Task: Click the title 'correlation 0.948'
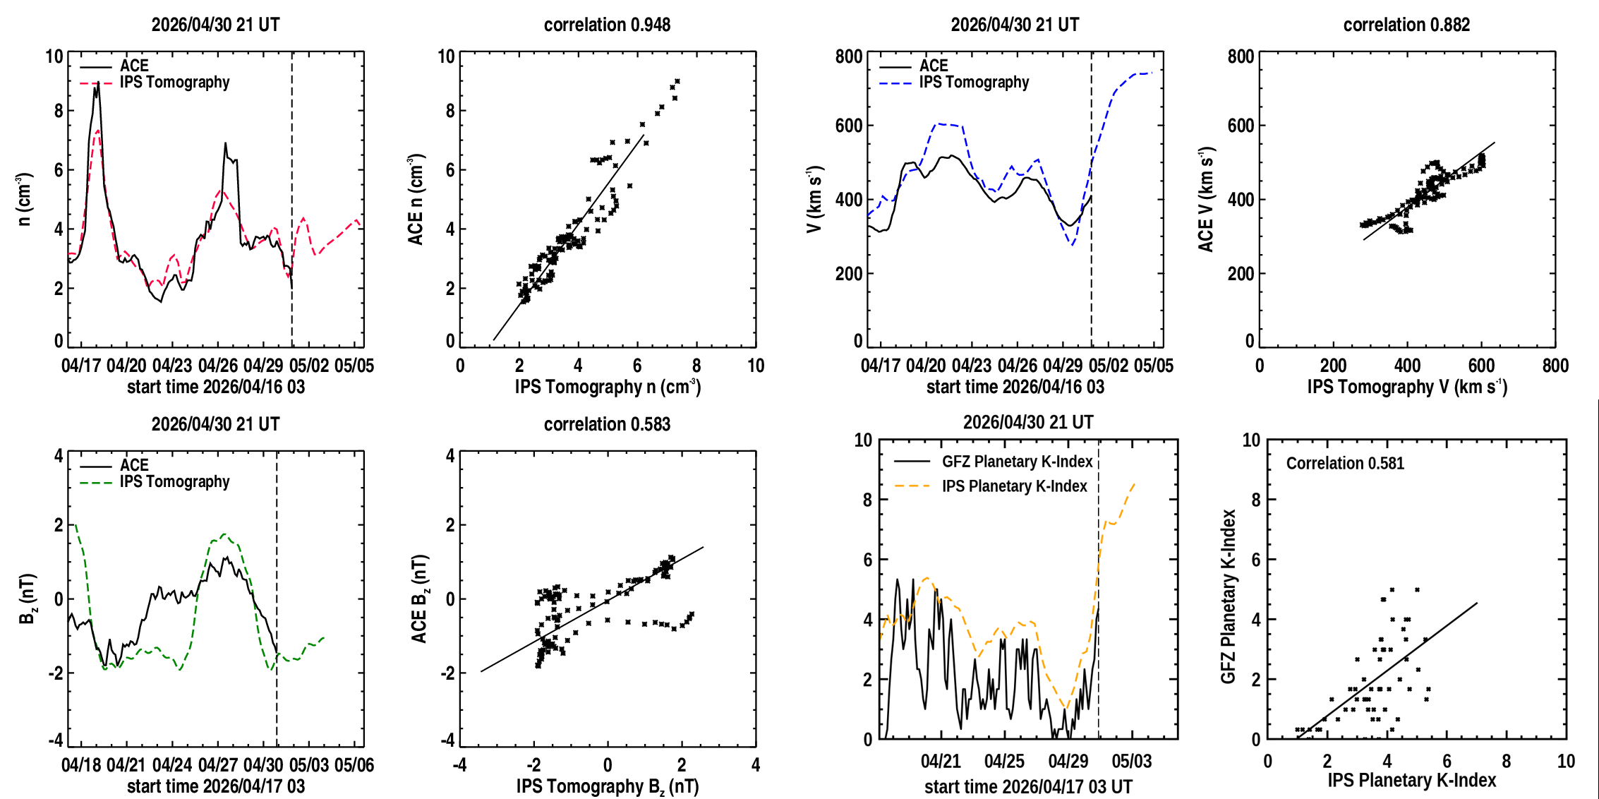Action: point(607,25)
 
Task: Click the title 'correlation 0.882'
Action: point(1406,25)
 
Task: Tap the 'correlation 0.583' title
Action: point(607,424)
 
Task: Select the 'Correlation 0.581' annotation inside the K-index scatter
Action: point(1345,463)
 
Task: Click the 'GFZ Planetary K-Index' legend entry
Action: point(1017,462)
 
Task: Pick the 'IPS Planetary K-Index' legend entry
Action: point(1015,486)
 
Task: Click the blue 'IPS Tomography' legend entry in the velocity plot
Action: point(974,83)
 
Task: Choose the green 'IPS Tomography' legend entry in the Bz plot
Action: point(174,482)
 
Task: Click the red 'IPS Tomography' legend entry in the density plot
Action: point(174,83)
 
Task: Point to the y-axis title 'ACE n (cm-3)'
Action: point(416,200)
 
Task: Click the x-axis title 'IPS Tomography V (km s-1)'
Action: point(1407,387)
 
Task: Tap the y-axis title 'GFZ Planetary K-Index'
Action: point(1229,596)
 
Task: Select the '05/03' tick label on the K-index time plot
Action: point(1132,762)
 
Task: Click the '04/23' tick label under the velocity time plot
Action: point(972,366)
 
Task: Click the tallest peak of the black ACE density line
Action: point(97,83)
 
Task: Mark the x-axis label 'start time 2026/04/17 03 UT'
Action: point(1028,787)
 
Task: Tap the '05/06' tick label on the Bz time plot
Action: point(354,765)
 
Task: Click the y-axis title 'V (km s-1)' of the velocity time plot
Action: point(815,200)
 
